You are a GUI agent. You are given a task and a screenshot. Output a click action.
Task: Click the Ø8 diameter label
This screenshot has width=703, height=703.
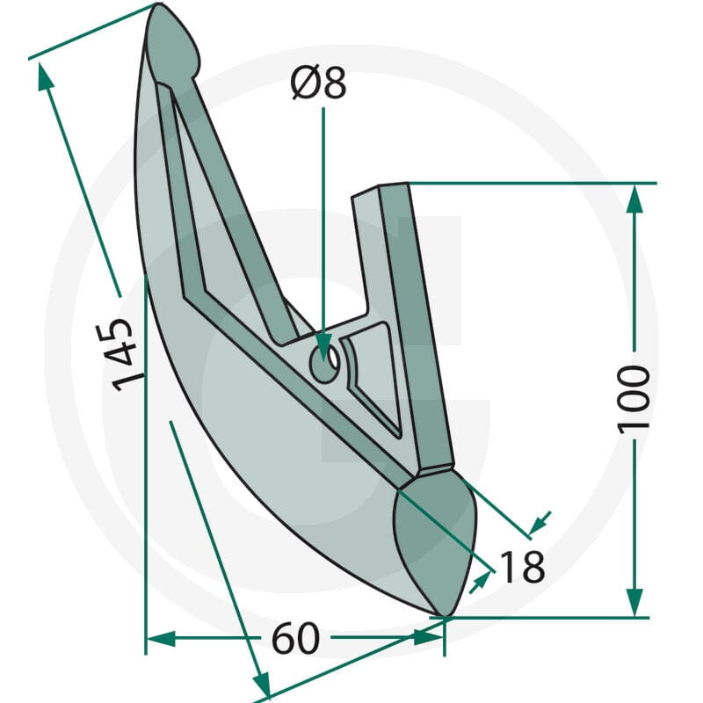[318, 83]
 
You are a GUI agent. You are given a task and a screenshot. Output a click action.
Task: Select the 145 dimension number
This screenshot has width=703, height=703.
[115, 354]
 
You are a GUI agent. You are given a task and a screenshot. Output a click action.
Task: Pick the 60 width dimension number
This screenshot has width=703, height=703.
[295, 638]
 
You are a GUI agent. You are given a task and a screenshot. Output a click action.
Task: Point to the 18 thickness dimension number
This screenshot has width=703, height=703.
[522, 567]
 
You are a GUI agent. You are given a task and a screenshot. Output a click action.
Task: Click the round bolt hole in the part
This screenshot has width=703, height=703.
[323, 363]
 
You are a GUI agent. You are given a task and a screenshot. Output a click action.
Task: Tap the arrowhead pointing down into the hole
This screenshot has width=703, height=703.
[323, 346]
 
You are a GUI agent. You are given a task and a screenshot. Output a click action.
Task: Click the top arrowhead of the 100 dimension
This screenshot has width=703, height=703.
[634, 199]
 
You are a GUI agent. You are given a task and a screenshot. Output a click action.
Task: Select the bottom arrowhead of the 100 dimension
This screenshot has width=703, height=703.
[634, 602]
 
